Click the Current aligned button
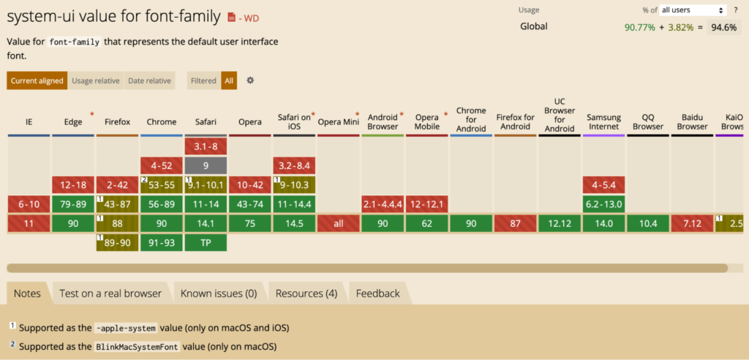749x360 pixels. coord(37,80)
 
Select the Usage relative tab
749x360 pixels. coord(96,80)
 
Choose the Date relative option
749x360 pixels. coord(149,80)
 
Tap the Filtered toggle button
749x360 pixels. coord(204,80)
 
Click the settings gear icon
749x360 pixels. coord(250,80)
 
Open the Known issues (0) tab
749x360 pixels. coord(219,293)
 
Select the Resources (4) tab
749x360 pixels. coord(306,293)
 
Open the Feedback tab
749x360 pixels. coord(377,293)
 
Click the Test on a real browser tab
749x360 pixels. coord(110,293)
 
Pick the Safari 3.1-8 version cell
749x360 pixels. coord(206,146)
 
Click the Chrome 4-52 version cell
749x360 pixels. coord(162,166)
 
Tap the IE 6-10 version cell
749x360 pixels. coord(29,204)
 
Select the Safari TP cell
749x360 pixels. coord(206,242)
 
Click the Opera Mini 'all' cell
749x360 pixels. coord(339,223)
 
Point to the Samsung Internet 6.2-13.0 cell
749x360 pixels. coord(604,204)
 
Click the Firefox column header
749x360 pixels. coord(118,121)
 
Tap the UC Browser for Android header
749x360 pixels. coord(560,115)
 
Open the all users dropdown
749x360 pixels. coord(692,10)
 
